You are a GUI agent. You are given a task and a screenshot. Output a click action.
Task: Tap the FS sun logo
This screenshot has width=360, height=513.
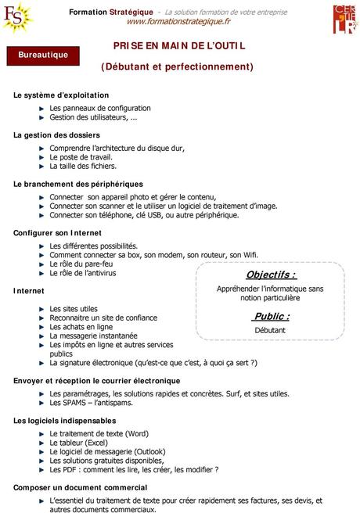coord(18,17)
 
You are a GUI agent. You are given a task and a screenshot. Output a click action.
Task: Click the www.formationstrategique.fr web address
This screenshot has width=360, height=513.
coord(178,22)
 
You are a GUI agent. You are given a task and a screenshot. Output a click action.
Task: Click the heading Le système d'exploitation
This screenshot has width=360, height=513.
coord(61,95)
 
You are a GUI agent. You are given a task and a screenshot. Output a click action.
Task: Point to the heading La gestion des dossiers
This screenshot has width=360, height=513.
coord(56,135)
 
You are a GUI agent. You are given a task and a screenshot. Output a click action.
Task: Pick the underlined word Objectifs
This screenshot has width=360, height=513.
coord(271,274)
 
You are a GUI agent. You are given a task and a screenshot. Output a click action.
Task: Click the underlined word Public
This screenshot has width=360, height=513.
coord(271,316)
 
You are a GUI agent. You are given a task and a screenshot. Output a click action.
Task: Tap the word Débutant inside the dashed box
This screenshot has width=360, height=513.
coord(270,330)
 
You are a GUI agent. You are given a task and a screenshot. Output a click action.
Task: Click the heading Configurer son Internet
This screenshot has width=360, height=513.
coord(57,233)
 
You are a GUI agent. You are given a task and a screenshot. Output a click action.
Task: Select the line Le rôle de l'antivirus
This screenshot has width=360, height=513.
coord(82,273)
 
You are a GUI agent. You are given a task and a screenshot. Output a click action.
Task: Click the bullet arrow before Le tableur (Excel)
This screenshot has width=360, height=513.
coord(41,443)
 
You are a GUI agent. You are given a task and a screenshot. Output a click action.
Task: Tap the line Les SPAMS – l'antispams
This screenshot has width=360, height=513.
coord(91,403)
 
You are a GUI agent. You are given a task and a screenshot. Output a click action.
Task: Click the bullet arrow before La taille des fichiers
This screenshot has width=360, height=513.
coord(41,166)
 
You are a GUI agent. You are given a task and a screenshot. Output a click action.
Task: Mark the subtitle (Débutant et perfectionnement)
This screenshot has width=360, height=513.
coord(177,66)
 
